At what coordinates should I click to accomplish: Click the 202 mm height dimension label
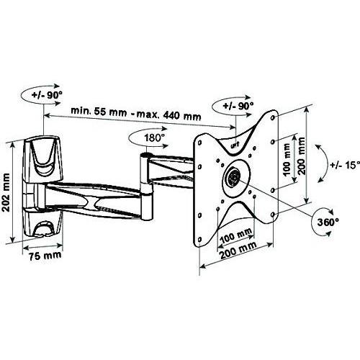pos(6,192)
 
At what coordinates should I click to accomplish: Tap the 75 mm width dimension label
pos(45,256)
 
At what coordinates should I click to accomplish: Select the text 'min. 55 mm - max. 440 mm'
pos(136,114)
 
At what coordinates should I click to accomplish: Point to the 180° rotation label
pos(154,138)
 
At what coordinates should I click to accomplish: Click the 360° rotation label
pos(328,222)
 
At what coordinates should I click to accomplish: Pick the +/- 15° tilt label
pos(345,165)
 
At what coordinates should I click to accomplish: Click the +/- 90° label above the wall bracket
pos(47,95)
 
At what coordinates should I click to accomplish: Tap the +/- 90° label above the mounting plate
pos(238,106)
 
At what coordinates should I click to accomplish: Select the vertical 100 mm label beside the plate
pos(287,160)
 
